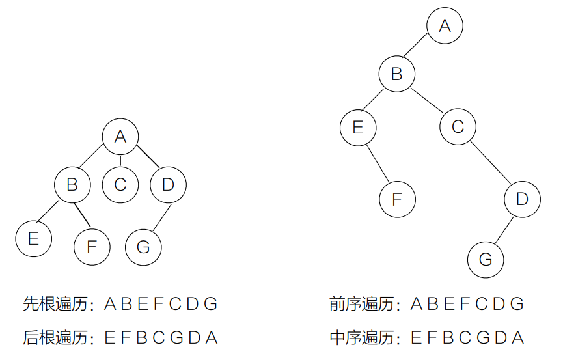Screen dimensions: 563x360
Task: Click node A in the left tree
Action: point(120,136)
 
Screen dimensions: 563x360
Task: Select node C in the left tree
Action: point(120,184)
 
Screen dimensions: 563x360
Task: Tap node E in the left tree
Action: point(34,239)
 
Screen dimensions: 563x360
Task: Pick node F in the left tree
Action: point(92,247)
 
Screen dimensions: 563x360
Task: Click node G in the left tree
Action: point(144,247)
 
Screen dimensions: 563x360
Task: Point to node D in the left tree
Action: point(168,184)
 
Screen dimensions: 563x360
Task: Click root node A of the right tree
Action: point(445,26)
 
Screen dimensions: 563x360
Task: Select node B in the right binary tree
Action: point(397,74)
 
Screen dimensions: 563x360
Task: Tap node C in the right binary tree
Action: point(458,126)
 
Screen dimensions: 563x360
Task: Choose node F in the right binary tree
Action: point(397,199)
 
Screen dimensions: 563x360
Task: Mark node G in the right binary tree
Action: point(486,259)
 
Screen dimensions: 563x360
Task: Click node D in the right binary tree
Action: point(522,199)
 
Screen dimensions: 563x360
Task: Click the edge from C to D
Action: point(490,163)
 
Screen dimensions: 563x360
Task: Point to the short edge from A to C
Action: point(120,160)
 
